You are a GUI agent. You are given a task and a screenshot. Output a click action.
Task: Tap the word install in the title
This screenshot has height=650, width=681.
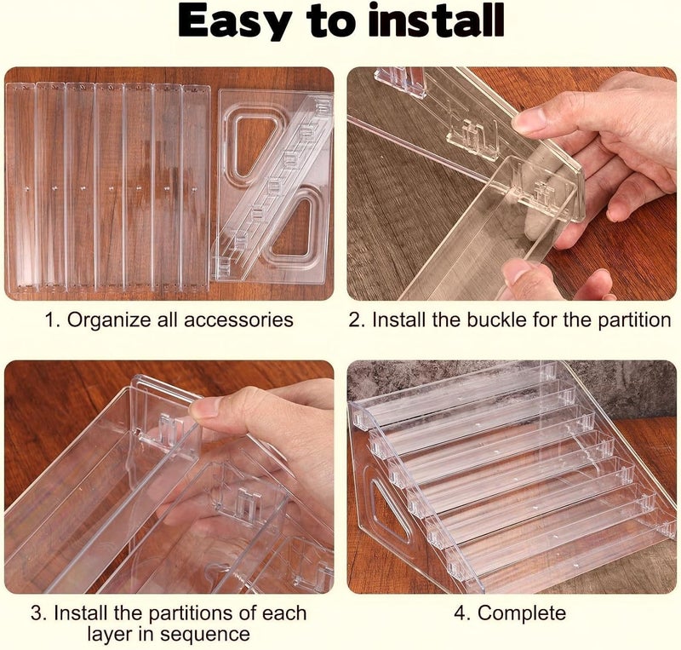[x=436, y=20]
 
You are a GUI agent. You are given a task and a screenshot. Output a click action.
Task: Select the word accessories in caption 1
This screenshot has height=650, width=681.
[x=238, y=320]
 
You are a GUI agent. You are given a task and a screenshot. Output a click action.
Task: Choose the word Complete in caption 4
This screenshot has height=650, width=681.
[x=522, y=613]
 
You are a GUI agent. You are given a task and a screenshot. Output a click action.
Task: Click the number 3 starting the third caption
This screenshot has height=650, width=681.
[x=37, y=613]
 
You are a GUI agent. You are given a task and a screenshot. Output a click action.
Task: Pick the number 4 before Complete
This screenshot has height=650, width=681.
[x=461, y=613]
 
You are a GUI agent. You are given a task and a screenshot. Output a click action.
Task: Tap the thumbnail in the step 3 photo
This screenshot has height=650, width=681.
[x=204, y=407]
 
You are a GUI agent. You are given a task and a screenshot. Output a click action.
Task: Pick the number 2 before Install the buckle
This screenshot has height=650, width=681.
[x=355, y=320]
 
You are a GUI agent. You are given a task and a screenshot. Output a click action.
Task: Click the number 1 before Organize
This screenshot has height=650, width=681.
[x=50, y=320]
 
